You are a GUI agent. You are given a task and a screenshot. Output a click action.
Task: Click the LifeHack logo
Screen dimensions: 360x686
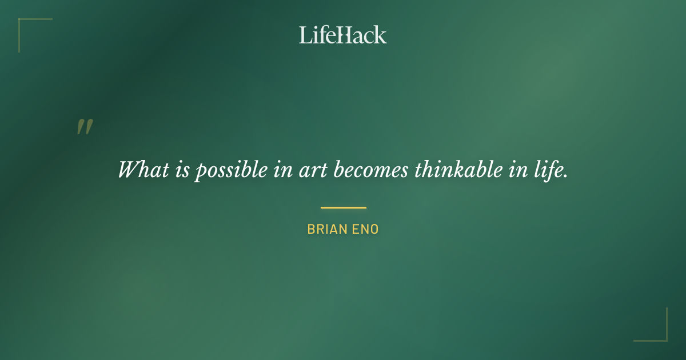coord(343,35)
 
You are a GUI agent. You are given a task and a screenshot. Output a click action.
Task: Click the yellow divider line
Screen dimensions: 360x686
coord(343,207)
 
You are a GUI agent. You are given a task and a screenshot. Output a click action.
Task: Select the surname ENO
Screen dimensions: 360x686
coord(366,230)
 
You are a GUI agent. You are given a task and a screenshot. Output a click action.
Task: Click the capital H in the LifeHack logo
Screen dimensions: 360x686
coord(342,35)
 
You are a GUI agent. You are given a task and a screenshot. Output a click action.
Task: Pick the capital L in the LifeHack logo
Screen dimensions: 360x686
coord(305,35)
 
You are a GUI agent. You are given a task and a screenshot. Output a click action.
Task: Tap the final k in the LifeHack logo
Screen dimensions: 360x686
coord(381,35)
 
